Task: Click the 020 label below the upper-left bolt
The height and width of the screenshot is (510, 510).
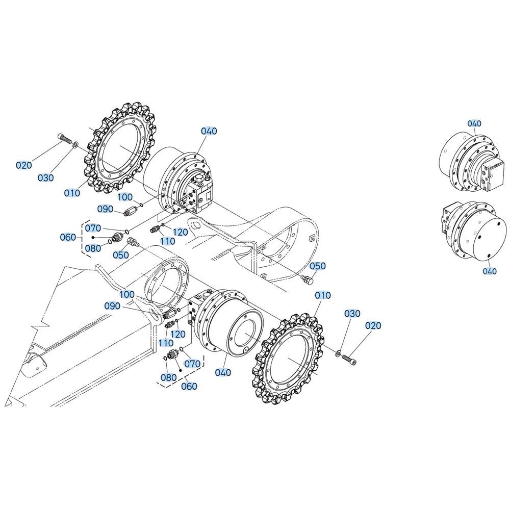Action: click(x=24, y=165)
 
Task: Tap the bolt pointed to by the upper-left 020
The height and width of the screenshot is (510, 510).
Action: click(x=65, y=139)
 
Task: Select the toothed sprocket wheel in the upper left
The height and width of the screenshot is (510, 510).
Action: click(x=120, y=147)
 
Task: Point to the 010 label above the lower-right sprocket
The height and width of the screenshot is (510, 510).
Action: click(x=323, y=295)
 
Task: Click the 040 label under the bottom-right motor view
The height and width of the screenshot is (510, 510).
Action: click(x=490, y=271)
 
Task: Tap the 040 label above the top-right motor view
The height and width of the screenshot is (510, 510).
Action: click(x=474, y=123)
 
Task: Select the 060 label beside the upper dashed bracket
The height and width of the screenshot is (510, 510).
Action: click(x=68, y=237)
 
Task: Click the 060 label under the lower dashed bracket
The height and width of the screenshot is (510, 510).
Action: click(x=189, y=386)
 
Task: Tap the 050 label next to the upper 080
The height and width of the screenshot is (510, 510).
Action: click(x=121, y=254)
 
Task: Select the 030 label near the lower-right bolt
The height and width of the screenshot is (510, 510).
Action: click(x=352, y=314)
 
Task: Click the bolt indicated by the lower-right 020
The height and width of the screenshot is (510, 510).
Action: click(x=349, y=359)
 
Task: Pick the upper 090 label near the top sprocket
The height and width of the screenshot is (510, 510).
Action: click(x=105, y=209)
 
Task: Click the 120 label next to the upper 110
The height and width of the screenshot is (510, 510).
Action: click(x=180, y=232)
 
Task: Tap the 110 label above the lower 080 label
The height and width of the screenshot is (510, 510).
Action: click(x=166, y=343)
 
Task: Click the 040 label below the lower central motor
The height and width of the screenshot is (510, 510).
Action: click(x=223, y=372)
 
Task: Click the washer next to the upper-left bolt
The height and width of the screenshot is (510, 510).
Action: click(x=75, y=145)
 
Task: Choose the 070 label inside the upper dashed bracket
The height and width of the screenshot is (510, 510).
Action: click(x=93, y=228)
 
